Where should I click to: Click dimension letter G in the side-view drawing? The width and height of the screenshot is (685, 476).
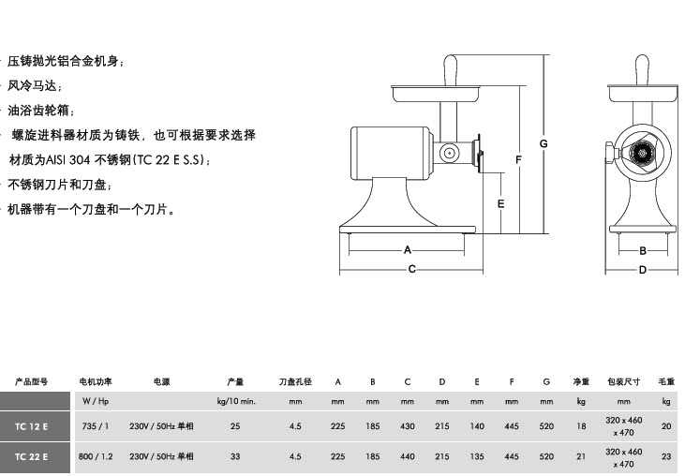[x=544, y=143]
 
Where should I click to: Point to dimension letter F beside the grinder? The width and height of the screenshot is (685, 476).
[x=518, y=160]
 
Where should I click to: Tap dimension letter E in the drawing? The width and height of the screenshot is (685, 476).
[x=500, y=204]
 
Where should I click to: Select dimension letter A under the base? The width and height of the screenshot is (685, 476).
[x=408, y=250]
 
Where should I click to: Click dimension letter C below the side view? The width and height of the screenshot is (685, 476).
[x=411, y=269]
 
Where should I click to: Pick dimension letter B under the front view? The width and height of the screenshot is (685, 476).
[x=643, y=251]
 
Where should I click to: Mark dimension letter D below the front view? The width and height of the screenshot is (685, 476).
[x=642, y=270]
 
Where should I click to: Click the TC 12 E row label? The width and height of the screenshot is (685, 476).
[x=32, y=426]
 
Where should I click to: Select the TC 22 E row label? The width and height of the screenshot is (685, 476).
[x=32, y=456]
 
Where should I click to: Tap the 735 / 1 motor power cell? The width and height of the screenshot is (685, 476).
[x=96, y=425]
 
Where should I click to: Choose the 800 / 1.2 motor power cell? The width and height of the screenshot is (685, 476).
[x=96, y=456]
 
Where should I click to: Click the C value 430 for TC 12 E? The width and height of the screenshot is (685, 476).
[x=407, y=425]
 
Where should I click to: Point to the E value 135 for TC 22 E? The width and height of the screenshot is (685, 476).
[x=477, y=456]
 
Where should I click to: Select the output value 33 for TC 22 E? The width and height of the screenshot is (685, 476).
[x=235, y=456]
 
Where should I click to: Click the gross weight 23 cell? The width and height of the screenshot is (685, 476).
[x=665, y=456]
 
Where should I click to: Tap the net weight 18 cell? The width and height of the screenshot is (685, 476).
[x=581, y=425]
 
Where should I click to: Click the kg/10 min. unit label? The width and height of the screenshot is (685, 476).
[x=236, y=401]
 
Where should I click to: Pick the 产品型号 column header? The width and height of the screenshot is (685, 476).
[x=31, y=381]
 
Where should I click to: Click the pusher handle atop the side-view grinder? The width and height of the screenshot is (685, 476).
[x=451, y=70]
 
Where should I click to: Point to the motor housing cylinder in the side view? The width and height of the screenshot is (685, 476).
[x=391, y=153]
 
